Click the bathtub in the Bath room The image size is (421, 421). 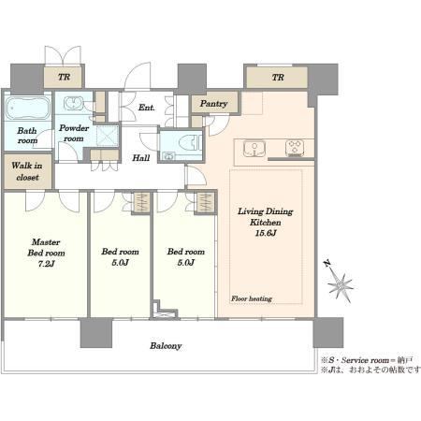28,109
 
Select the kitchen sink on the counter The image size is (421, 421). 254,148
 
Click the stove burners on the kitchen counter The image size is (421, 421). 295,148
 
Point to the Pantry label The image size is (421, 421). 213,104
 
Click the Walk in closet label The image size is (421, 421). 27,171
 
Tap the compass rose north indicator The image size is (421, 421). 340,283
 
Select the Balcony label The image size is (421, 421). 166,346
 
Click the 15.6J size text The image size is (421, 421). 266,233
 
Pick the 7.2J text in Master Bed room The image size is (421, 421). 46,264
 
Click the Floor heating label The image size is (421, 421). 252,298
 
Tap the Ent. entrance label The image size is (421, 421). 147,108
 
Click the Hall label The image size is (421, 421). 141,158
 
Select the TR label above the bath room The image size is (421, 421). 64,77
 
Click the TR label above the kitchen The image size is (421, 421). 278,77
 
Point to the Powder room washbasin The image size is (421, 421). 74,103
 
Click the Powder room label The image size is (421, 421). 74,133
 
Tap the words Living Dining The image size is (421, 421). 266,211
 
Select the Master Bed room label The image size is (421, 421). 46,247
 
